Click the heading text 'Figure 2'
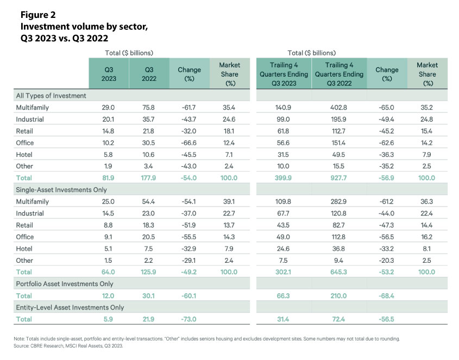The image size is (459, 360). (38, 15)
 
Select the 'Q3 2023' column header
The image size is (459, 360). (109, 74)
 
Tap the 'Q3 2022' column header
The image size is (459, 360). (149, 74)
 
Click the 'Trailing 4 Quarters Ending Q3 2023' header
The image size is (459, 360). (284, 74)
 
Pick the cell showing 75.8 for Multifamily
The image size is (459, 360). (148, 108)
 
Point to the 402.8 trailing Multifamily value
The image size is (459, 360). (339, 108)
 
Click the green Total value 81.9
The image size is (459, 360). (108, 178)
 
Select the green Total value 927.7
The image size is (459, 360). (339, 178)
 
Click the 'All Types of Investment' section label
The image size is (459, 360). (51, 96)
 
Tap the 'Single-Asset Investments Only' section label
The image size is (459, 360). (61, 190)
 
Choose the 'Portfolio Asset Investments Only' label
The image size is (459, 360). (65, 284)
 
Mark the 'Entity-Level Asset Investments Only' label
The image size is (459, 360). (70, 307)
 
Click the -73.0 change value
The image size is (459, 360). (189, 319)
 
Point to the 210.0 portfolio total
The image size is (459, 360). (339, 296)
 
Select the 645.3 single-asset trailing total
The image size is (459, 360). (339, 272)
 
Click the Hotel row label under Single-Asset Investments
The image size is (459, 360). (24, 249)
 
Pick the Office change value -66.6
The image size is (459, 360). (189, 143)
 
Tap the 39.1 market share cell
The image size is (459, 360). (229, 201)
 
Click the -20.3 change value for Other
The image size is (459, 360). (386, 261)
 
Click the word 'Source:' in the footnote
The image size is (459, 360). (21, 346)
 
